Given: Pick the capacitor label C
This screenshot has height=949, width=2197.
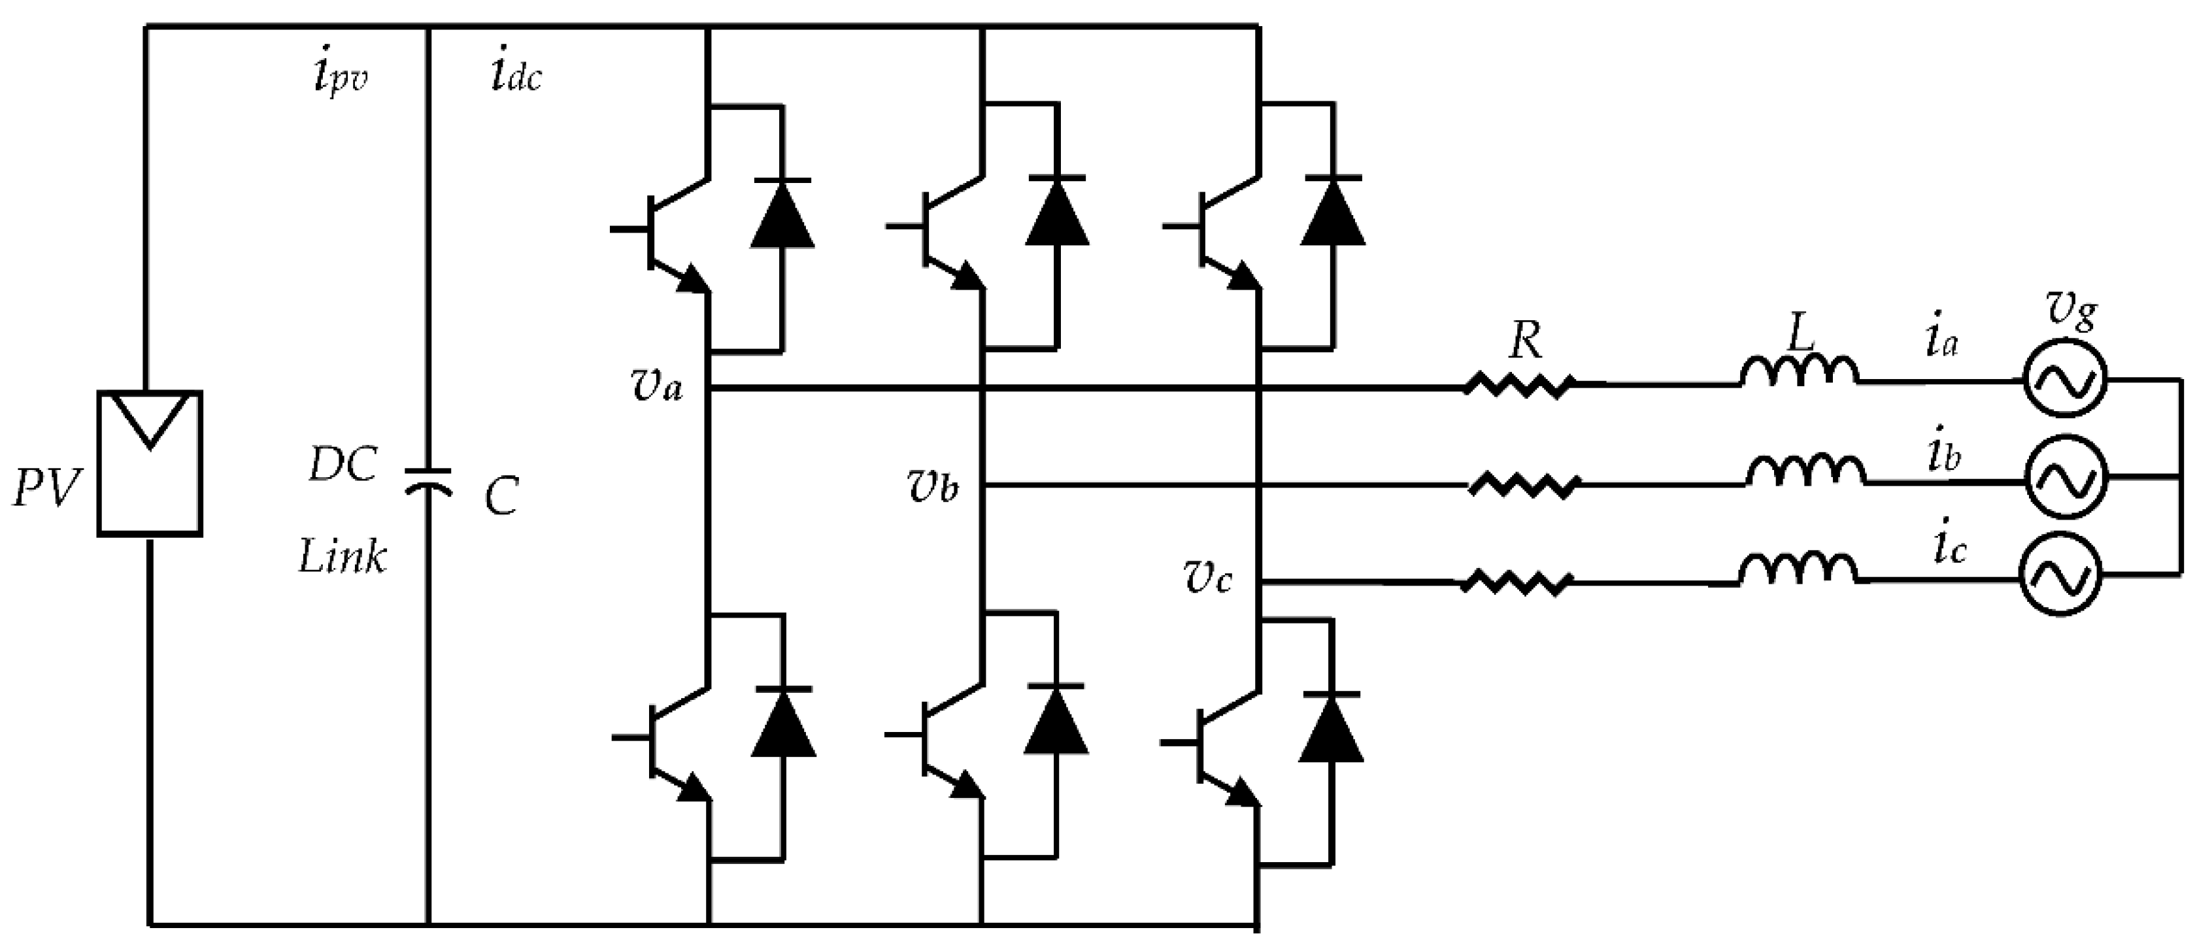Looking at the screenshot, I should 501,497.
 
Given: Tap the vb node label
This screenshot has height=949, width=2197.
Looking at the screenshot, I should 932,486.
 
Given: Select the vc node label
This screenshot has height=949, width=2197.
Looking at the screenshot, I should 1207,579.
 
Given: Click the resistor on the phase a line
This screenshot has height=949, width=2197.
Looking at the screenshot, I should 1519,386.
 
